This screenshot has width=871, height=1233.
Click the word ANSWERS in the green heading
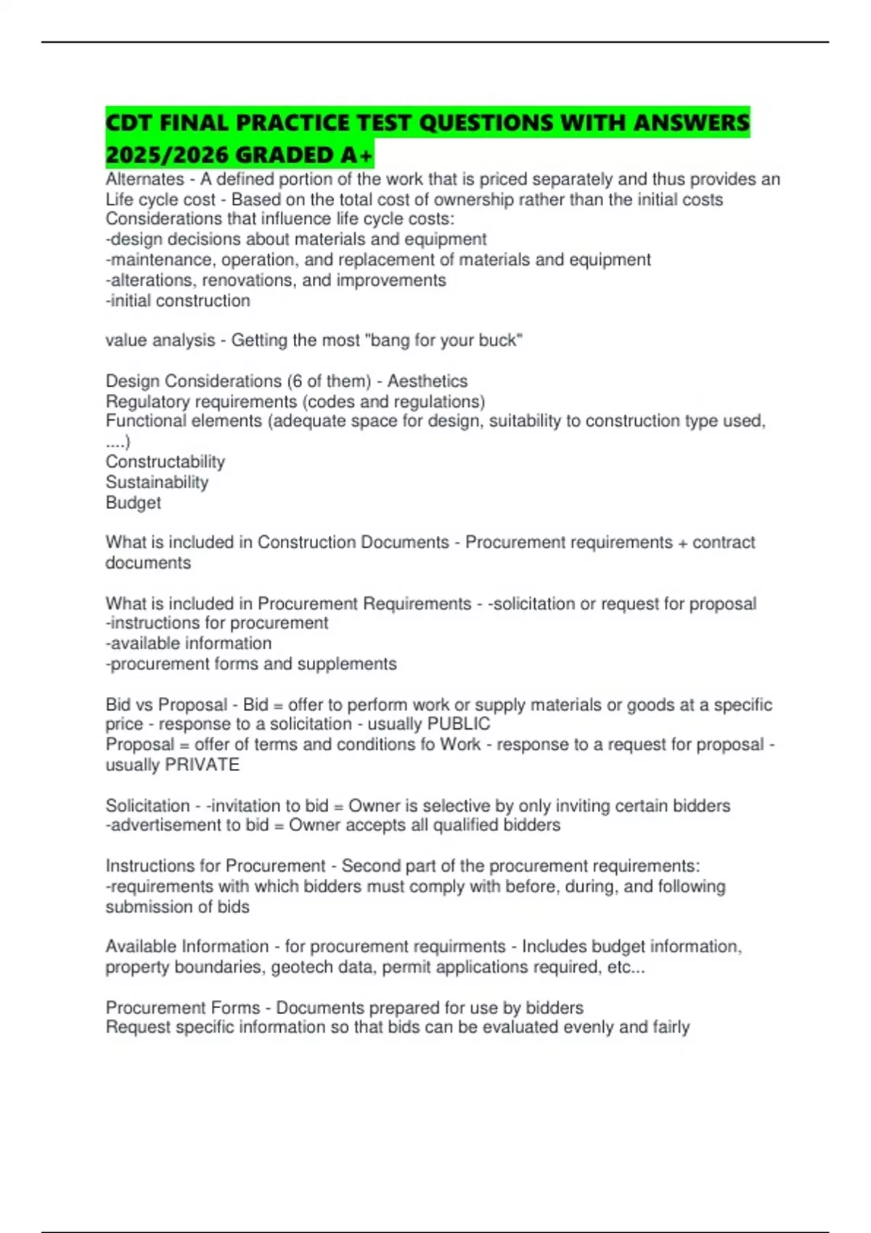[691, 123]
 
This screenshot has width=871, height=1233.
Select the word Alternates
[144, 179]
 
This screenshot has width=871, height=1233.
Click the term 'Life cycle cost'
[160, 199]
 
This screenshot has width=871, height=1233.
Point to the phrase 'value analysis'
[160, 340]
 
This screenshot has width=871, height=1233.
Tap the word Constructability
[165, 462]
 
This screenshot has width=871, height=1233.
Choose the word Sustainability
[157, 482]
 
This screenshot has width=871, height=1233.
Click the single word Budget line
[133, 503]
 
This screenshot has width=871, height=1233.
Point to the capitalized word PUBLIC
[459, 724]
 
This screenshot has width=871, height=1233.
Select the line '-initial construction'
[178, 300]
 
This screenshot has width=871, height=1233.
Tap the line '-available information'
[189, 643]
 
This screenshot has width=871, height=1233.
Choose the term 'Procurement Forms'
[182, 1007]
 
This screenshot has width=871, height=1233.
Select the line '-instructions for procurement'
[216, 623]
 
